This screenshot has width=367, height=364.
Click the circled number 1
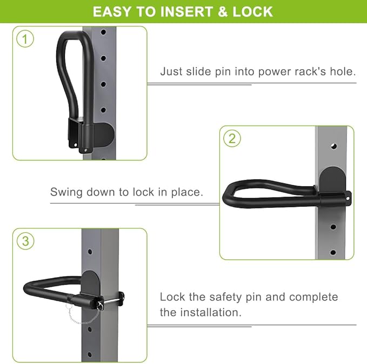pyautogui.click(x=25, y=39)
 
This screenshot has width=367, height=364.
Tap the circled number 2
pyautogui.click(x=232, y=138)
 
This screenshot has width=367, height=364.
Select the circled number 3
pyautogui.click(x=25, y=241)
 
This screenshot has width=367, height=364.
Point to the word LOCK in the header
pyautogui.click(x=252, y=12)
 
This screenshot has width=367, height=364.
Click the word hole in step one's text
pyautogui.click(x=343, y=71)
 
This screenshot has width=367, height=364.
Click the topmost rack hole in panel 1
pyautogui.click(x=103, y=32)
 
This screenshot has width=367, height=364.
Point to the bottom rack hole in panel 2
pyautogui.click(x=333, y=252)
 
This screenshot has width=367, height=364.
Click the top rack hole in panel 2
pyautogui.click(x=334, y=146)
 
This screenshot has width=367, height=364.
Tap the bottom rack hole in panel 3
pyautogui.click(x=90, y=354)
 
